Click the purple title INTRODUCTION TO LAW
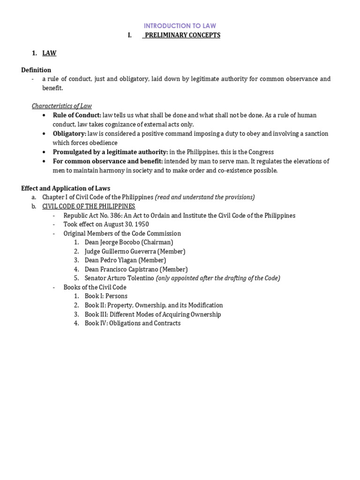pyautogui.click(x=180, y=26)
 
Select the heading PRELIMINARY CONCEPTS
pyautogui.click(x=182, y=35)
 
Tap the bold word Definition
pyautogui.click(x=36, y=70)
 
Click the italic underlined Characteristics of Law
pyautogui.click(x=62, y=106)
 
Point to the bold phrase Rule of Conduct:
pyautogui.click(x=77, y=115)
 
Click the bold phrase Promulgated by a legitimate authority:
pyautogui.click(x=110, y=152)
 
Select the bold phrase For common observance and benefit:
pyautogui.click(x=108, y=161)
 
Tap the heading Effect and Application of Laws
pyautogui.click(x=66, y=188)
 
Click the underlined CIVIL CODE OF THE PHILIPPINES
pyautogui.click(x=89, y=206)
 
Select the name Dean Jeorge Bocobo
pyautogui.click(x=111, y=242)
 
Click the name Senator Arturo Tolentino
pyautogui.click(x=119, y=278)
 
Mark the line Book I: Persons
pyautogui.click(x=106, y=296)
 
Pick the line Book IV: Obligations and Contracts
pyautogui.click(x=132, y=323)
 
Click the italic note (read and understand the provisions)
pyautogui.click(x=205, y=197)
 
